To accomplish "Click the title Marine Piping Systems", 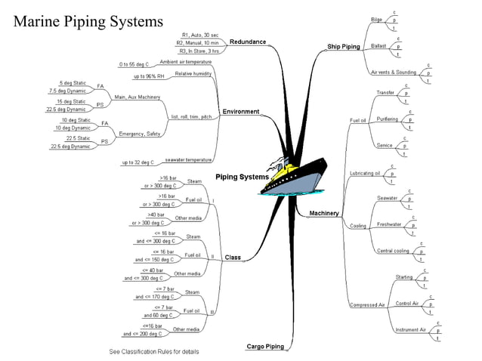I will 88,20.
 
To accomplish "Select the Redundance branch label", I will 247,42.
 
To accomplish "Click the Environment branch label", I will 240,112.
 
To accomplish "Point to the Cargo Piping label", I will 265,346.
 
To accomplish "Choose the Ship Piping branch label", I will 343,47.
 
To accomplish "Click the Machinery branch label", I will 324,214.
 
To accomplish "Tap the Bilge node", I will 376,19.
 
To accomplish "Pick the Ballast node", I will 378,46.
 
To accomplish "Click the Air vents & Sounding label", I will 395,73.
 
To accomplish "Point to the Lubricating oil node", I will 364,174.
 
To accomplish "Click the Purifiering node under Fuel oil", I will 387,119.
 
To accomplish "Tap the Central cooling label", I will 393,251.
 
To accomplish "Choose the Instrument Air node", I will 410,330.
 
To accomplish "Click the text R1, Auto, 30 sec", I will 200,35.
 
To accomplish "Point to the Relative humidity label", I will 193,74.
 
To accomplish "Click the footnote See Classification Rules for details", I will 154,352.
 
